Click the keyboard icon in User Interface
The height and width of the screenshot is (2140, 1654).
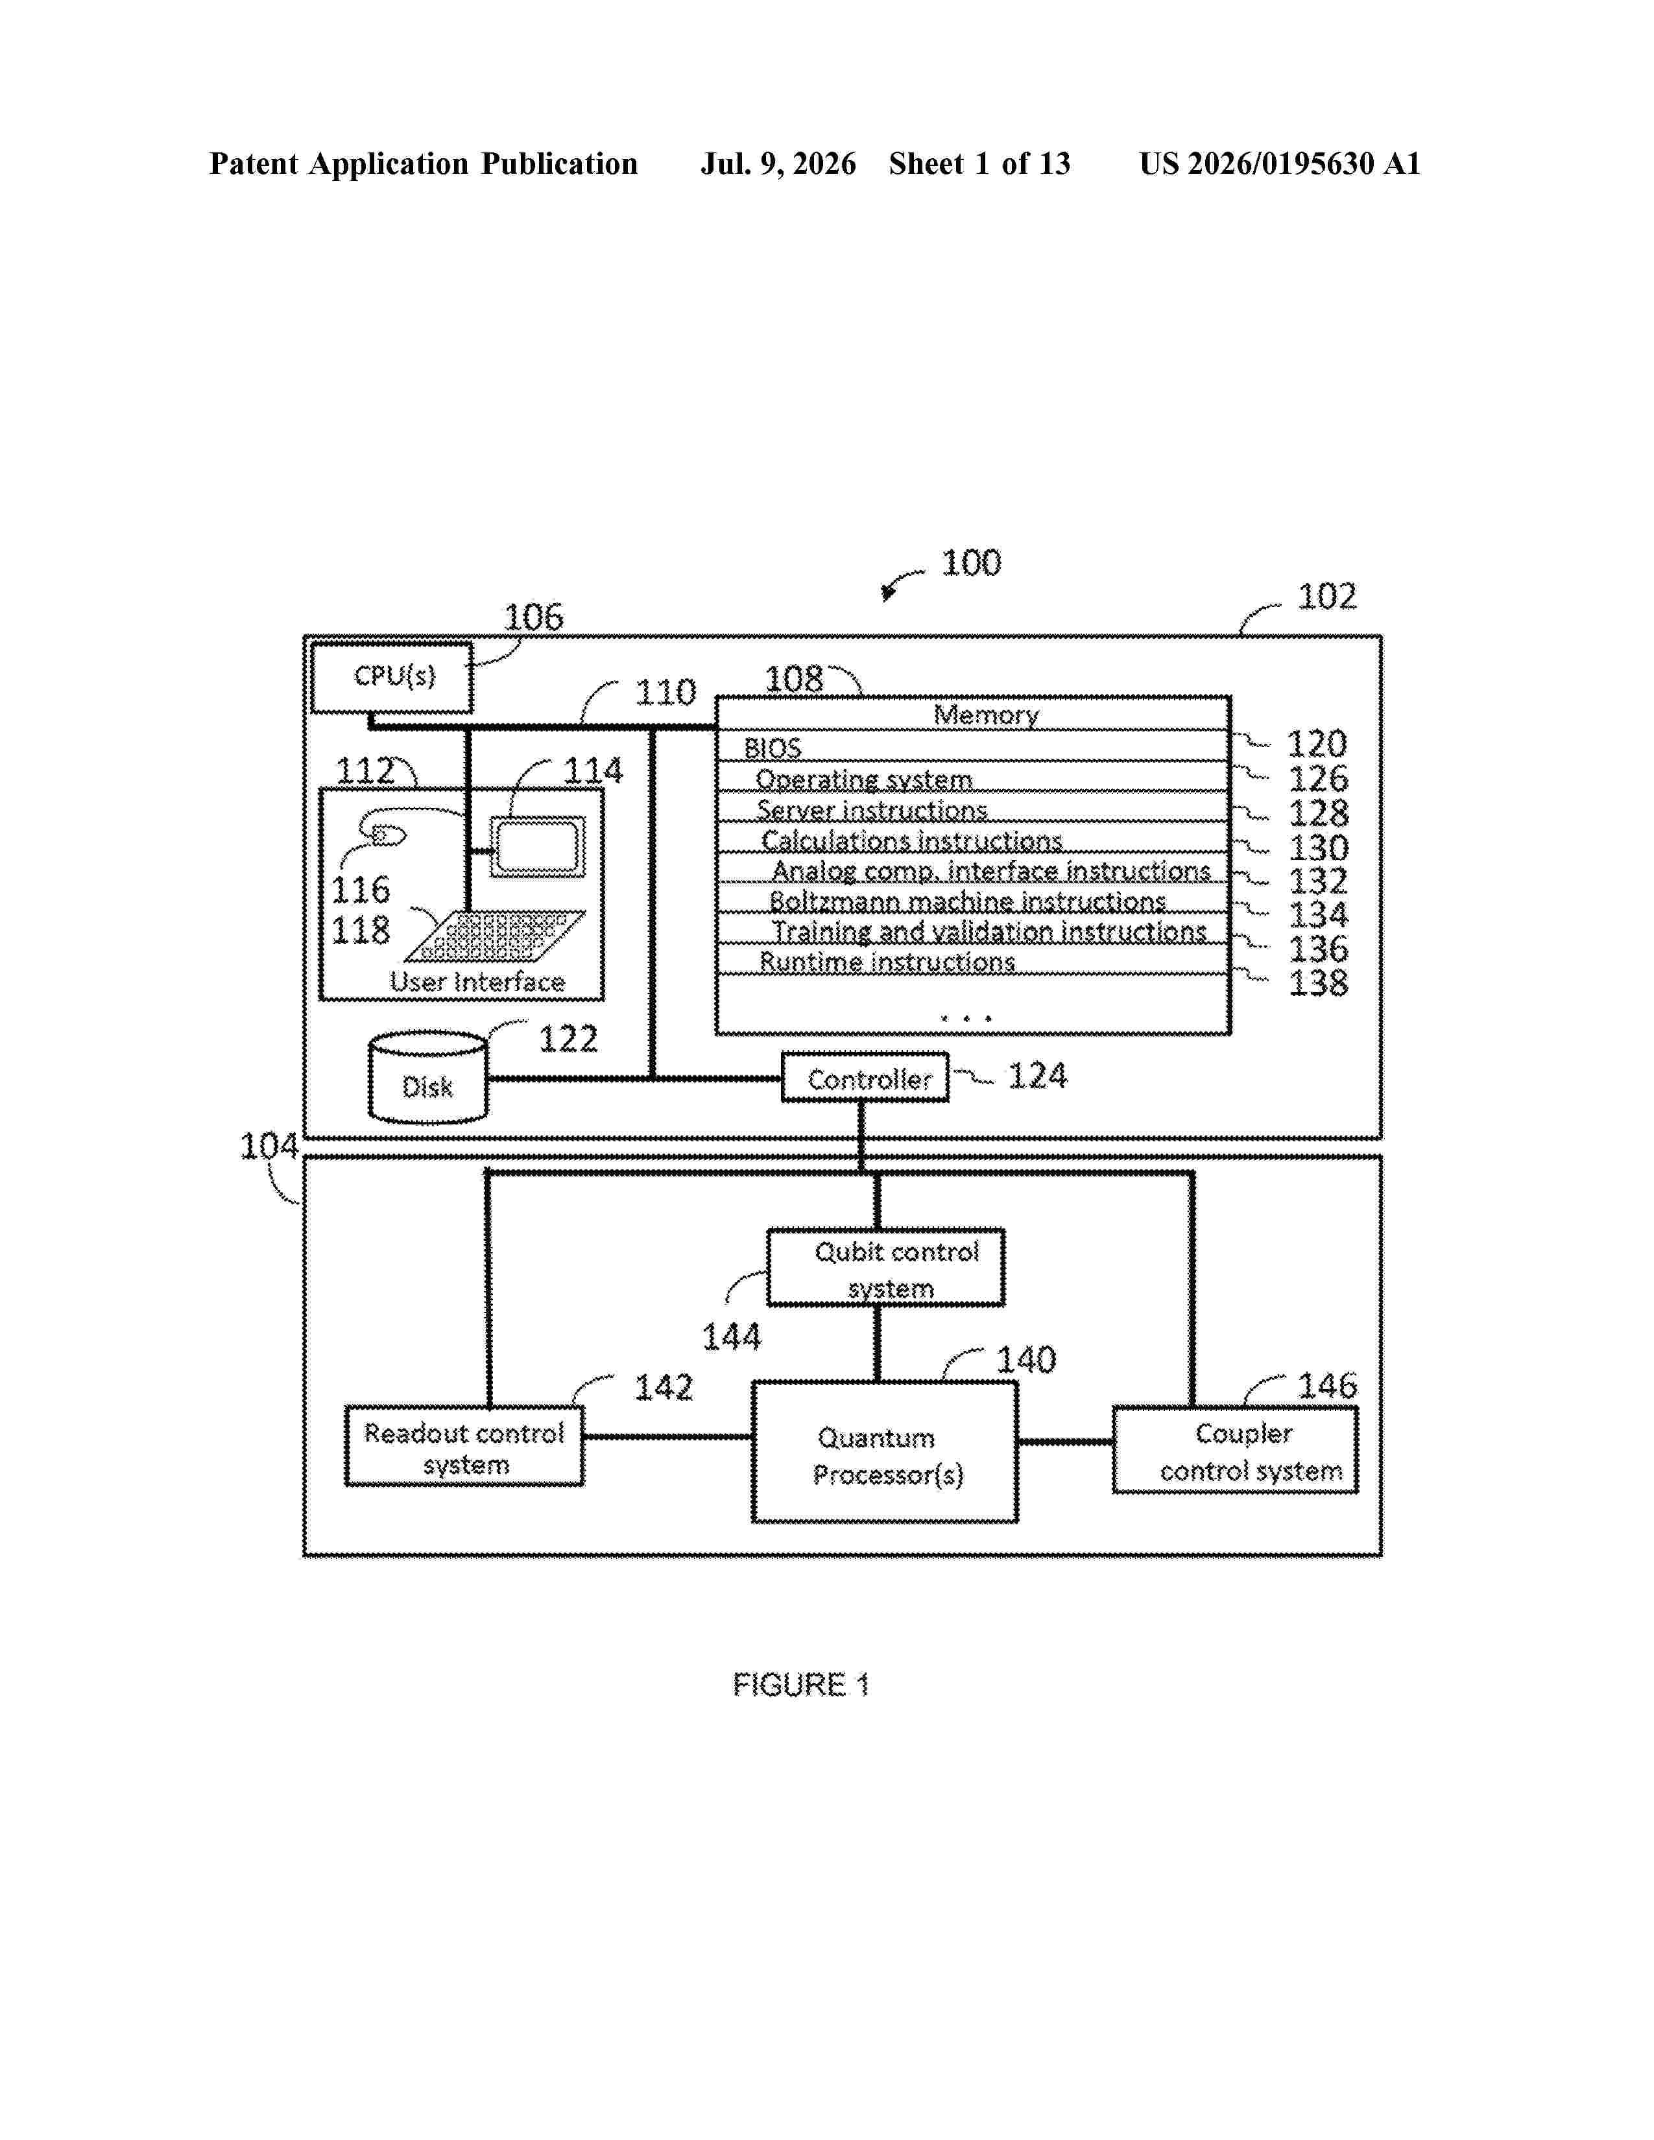(x=495, y=936)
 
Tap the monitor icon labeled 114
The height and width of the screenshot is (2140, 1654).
(x=537, y=846)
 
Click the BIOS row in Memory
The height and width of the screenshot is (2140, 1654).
(x=973, y=746)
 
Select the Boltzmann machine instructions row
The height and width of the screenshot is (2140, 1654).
(x=973, y=899)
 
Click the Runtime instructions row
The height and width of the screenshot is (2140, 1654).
(x=973, y=959)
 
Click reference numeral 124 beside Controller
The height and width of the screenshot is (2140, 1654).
(x=1037, y=1076)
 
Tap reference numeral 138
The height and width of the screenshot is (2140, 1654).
(x=1318, y=983)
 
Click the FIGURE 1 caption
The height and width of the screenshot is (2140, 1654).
(x=800, y=1684)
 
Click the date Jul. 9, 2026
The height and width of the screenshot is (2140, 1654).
(x=778, y=163)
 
